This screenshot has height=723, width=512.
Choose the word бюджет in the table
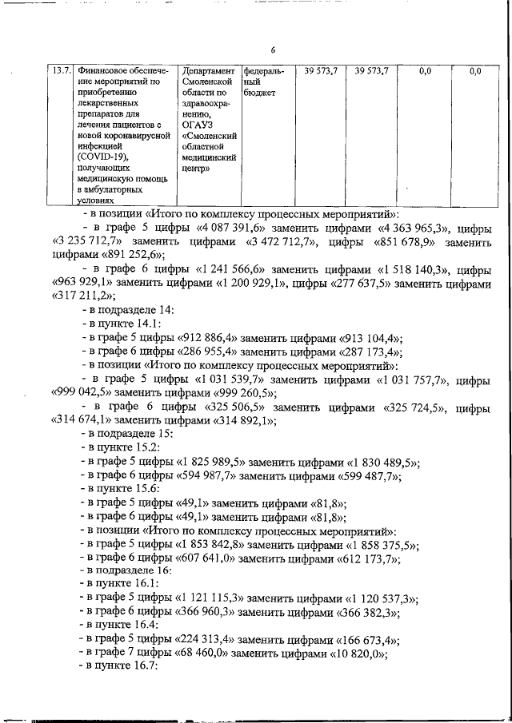coord(259,93)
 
